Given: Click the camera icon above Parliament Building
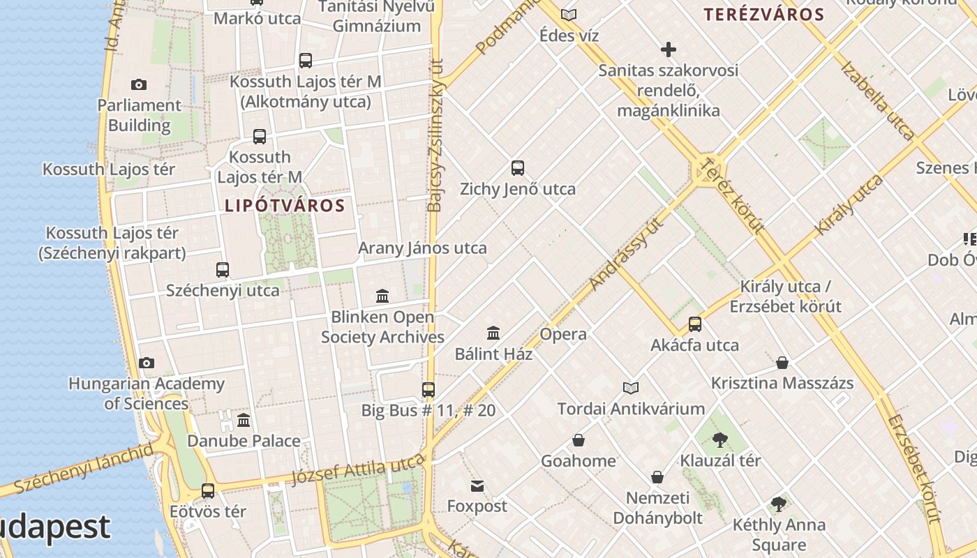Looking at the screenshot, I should [139, 85].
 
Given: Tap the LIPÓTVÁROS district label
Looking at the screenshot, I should [285, 206].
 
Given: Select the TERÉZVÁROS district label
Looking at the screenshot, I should [764, 14].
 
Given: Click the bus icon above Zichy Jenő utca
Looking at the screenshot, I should [518, 168].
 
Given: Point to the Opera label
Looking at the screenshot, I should [563, 334].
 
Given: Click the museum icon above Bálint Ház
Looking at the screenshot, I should [493, 333].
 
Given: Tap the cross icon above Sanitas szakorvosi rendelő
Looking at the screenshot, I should [669, 50].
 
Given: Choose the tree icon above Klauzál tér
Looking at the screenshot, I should [720, 440].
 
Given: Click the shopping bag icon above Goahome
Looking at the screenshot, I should [579, 440].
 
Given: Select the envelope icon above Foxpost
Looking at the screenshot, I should [477, 485].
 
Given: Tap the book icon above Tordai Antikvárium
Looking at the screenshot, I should [631, 388].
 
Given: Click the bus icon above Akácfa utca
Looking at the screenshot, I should [695, 324].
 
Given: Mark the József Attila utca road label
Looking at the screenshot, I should [357, 469].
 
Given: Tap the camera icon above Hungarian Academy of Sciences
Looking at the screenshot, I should [146, 363].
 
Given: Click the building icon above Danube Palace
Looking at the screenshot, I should [244, 421].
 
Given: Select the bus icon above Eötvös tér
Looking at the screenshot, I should [208, 491].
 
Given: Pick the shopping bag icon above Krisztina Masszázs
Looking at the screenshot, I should [782, 363].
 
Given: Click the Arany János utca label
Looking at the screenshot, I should [422, 248].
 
